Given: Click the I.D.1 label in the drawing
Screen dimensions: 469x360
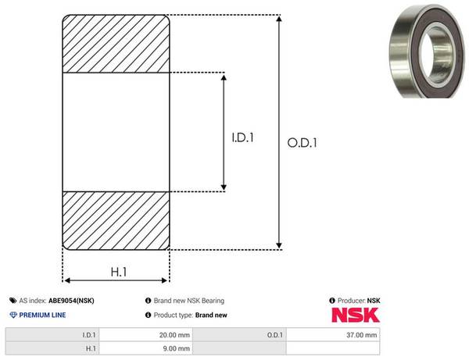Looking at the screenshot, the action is click(242, 137).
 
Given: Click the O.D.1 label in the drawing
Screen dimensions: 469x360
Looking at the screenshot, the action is click(302, 142).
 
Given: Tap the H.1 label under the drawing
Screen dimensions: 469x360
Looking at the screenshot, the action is click(119, 272).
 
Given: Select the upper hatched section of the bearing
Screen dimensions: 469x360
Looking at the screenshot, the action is click(116, 44).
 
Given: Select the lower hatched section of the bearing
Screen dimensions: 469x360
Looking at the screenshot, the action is click(116, 220).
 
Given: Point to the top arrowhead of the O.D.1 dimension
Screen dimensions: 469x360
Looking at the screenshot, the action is click(279, 19).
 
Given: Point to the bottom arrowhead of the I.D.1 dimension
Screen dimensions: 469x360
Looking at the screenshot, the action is click(224, 187).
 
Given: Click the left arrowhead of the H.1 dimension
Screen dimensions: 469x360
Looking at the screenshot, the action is click(67, 280).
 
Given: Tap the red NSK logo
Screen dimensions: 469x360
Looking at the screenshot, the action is click(356, 315).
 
